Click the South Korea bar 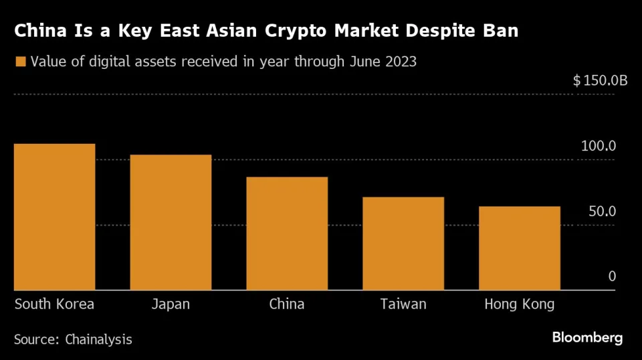point(55,217)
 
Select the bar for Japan point(171,222)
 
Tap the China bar point(287,234)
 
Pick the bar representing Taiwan point(403,244)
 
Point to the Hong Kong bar point(520,248)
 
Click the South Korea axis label point(55,304)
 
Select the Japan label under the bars point(171,304)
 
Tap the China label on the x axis point(287,304)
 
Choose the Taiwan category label point(403,304)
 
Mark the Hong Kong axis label point(520,304)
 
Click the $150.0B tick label point(601,81)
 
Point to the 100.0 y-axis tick point(598,147)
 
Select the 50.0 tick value point(601,211)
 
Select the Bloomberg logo point(587,337)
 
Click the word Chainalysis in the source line point(98,340)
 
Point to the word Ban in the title point(501,31)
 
